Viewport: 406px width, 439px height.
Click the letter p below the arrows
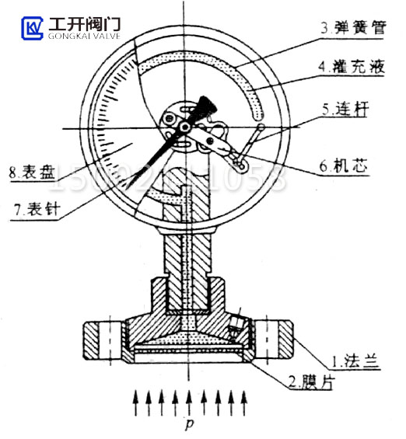click(x=189, y=425)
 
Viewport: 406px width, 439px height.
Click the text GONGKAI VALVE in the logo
click(x=84, y=36)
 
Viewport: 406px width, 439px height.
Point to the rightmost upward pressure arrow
click(x=247, y=402)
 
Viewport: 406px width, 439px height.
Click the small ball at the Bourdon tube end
click(x=261, y=128)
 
